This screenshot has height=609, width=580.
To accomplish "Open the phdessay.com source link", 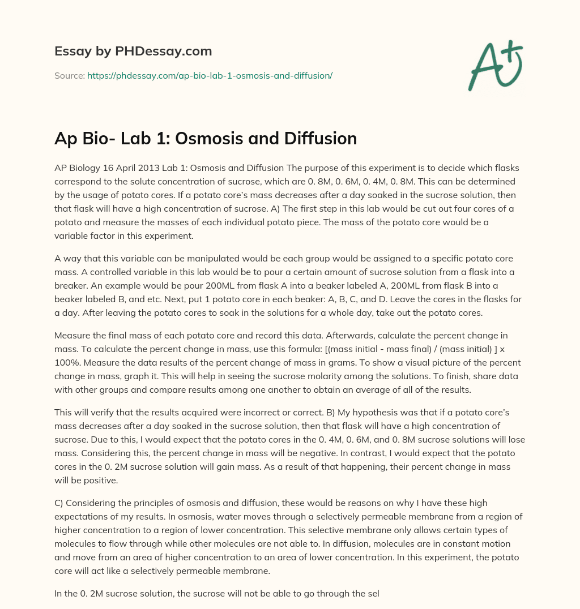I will pyautogui.click(x=210, y=75).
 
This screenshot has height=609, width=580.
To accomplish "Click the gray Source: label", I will pyautogui.click(x=69, y=75).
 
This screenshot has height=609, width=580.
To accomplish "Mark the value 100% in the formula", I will pyautogui.click(x=67, y=350).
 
